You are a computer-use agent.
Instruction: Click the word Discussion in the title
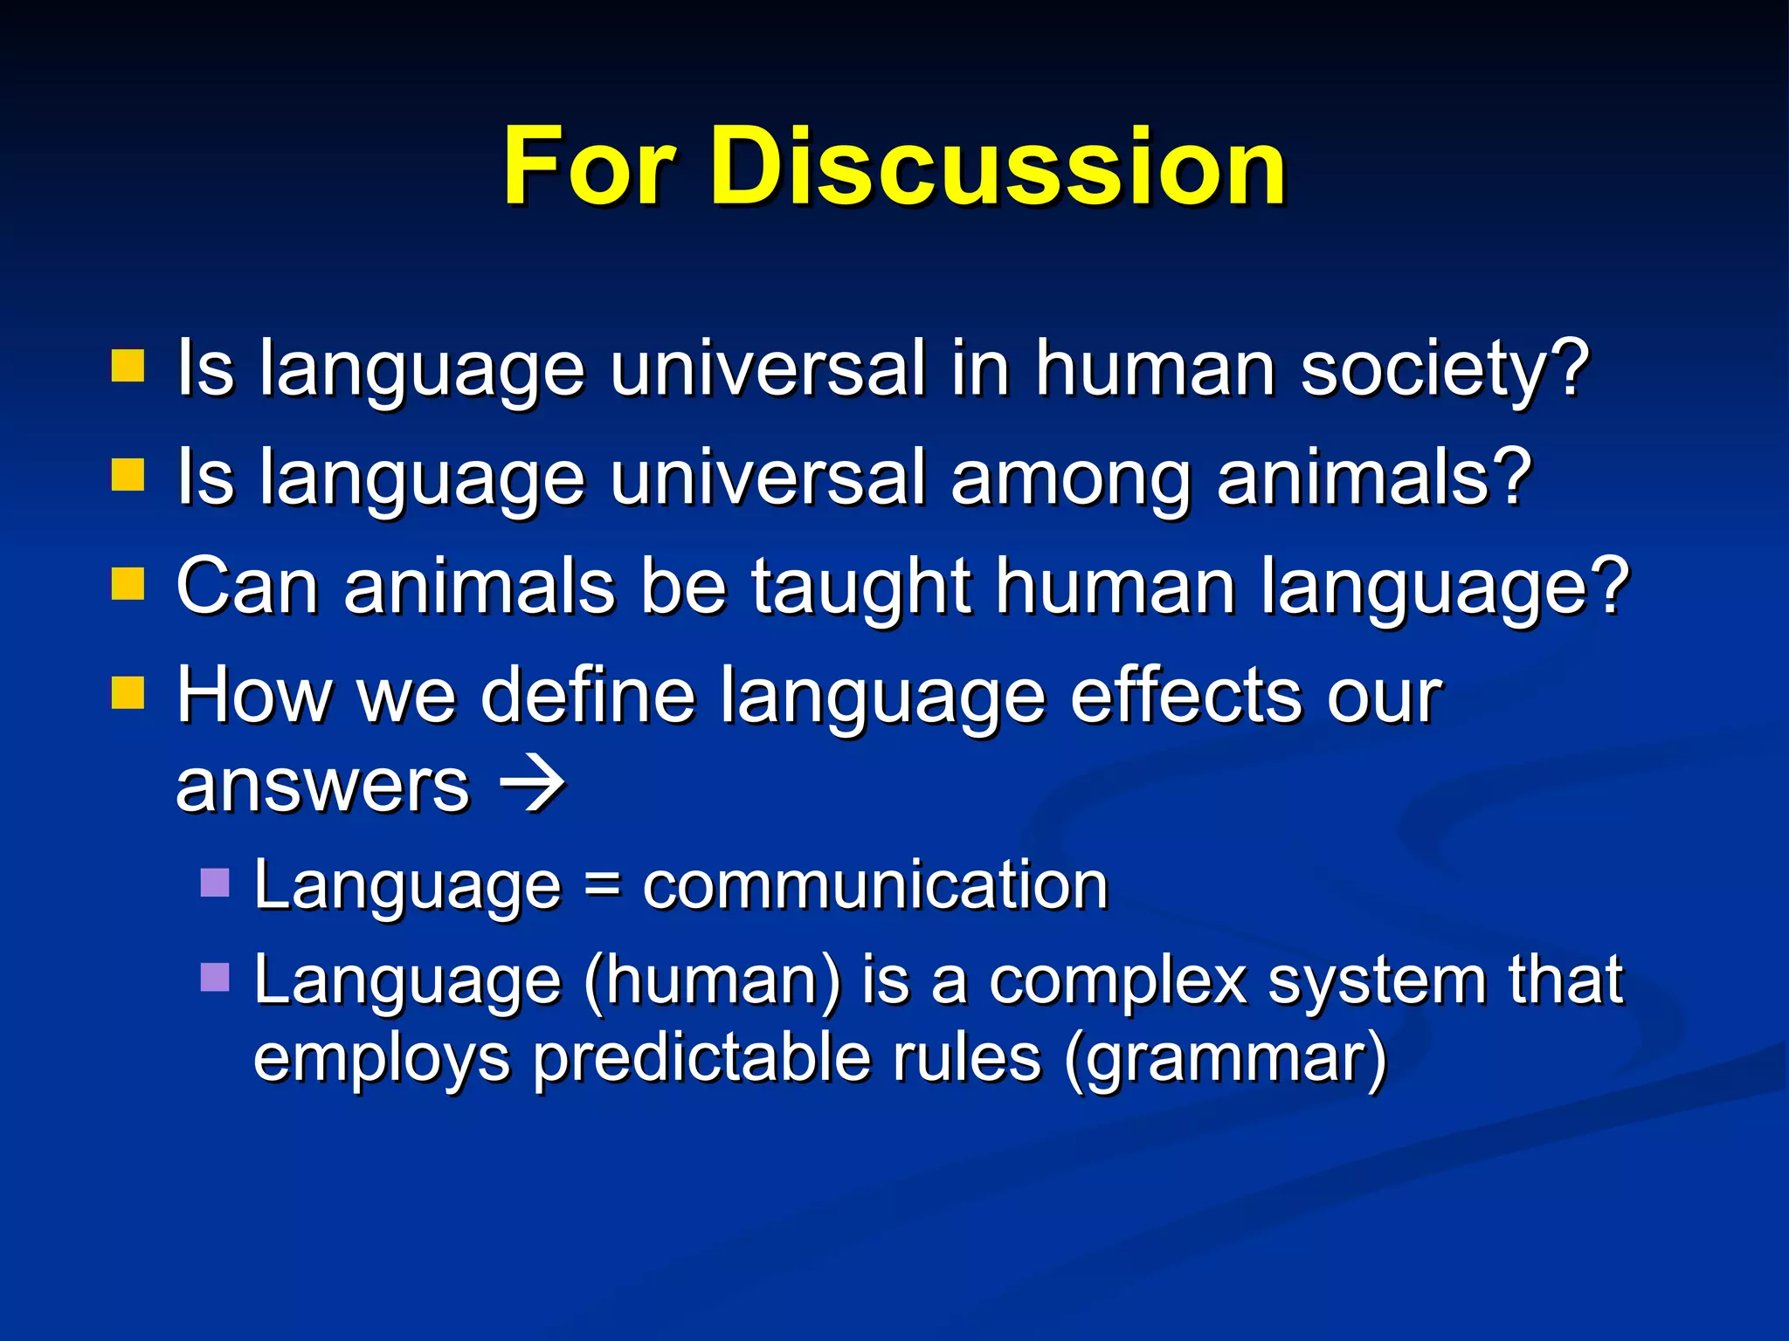[x=998, y=166]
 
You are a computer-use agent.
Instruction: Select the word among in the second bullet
[x=1071, y=479]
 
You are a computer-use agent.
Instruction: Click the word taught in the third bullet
[x=860, y=587]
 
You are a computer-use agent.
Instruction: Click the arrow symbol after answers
[x=532, y=784]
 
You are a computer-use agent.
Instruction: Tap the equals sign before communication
[x=602, y=887]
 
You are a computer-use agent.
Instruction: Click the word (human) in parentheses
[x=712, y=981]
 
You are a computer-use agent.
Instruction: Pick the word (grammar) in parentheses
[x=1226, y=1059]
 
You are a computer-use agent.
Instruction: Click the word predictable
[x=701, y=1059]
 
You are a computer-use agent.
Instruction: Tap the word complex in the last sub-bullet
[x=1117, y=981]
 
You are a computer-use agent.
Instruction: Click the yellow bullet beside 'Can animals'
[x=128, y=585]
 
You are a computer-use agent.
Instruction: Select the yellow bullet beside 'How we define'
[x=128, y=694]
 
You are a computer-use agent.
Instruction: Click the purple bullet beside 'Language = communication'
[x=215, y=883]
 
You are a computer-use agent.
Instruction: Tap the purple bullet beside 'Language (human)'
[x=215, y=978]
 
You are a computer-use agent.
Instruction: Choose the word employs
[x=382, y=1059]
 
